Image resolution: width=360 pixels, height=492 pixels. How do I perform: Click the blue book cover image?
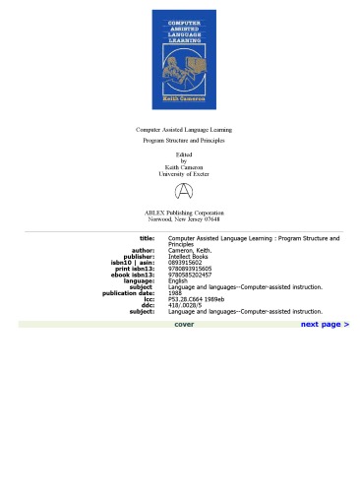tap(184, 60)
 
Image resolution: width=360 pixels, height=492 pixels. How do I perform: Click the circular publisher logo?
tap(184, 191)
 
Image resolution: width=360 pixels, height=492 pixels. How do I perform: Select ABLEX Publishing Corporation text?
tap(184, 213)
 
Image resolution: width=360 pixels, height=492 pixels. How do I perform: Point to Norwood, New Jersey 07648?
tap(184, 219)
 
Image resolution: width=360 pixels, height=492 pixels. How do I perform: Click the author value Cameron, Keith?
tap(191, 251)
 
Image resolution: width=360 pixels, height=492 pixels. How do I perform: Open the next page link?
tap(325, 324)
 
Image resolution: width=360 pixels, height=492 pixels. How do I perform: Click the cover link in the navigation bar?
tap(184, 324)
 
